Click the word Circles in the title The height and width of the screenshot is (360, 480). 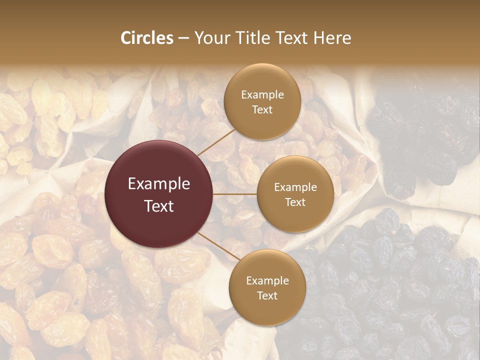pos(146,38)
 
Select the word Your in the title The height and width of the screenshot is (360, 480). pos(209,38)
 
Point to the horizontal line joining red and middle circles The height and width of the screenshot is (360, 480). pos(235,194)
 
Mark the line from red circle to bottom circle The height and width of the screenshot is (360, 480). pos(214,246)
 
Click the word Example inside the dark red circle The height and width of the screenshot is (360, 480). pos(159,184)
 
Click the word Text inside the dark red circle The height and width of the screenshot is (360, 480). pos(159,206)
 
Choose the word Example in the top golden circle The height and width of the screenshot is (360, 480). pos(262,94)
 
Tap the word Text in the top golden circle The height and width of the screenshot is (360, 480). pos(262,109)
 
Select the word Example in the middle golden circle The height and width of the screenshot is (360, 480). pos(295,187)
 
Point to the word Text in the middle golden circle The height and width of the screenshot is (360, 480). pos(295,202)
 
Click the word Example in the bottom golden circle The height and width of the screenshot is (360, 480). pos(267,280)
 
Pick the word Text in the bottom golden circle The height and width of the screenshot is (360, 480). pos(267,295)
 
